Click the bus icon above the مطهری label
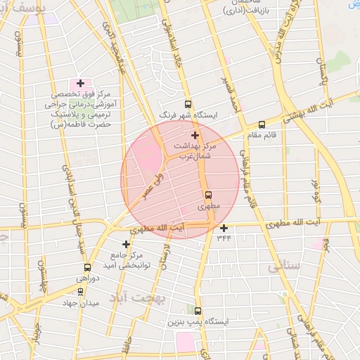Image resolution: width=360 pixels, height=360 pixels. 207,195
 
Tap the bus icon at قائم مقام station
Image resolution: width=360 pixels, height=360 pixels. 262,125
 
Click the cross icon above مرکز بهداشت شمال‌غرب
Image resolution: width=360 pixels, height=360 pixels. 195,135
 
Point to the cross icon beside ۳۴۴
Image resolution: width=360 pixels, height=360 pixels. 224,227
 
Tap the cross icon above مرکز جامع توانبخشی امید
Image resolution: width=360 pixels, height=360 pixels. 126,244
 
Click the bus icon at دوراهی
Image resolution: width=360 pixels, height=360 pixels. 87,267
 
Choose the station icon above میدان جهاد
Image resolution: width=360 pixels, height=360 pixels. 80,291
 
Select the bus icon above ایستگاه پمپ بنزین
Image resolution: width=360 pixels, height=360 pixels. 198,310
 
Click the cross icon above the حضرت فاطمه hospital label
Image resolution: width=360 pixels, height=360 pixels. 80,83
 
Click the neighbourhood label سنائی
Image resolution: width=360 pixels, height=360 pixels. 284,266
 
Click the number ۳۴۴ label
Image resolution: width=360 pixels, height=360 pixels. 224,238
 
